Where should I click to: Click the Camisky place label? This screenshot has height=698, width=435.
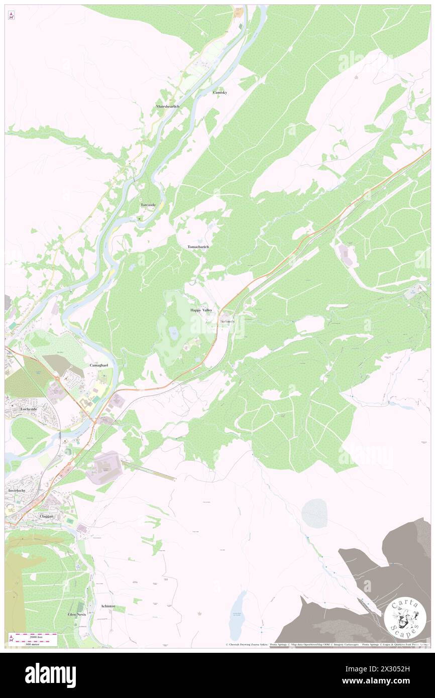click(220, 93)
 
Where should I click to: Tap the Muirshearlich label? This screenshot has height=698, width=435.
click(168, 107)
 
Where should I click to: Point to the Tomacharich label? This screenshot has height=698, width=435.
click(198, 247)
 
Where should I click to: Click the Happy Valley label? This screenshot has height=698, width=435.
click(201, 310)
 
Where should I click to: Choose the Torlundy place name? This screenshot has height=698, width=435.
click(227, 321)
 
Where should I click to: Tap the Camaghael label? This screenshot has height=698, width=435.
click(99, 365)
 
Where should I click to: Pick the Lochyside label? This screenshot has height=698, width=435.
click(15, 409)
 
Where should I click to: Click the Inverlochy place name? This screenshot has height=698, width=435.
click(17, 490)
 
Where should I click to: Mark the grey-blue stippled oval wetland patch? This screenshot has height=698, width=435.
click(314, 513)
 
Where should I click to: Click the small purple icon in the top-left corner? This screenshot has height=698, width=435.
click(12, 16)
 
